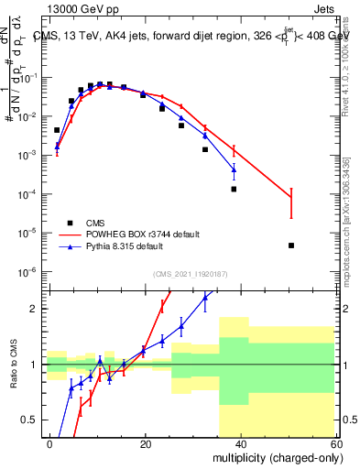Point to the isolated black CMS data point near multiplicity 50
290,245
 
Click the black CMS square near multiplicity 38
234,190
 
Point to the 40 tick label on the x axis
240,442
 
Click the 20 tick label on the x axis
145,442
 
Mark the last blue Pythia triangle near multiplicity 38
234,169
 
